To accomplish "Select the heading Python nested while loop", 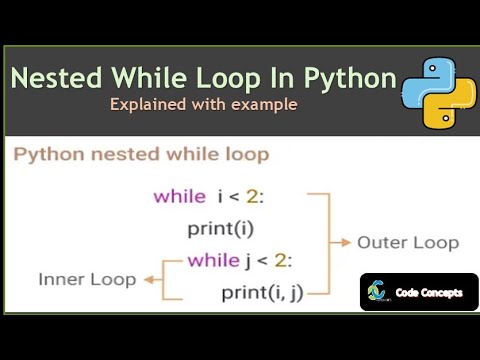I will coord(141,155).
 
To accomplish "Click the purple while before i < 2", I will coord(179,196).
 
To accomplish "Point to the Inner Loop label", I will coord(87,277).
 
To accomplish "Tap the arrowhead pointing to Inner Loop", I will coord(147,278).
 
